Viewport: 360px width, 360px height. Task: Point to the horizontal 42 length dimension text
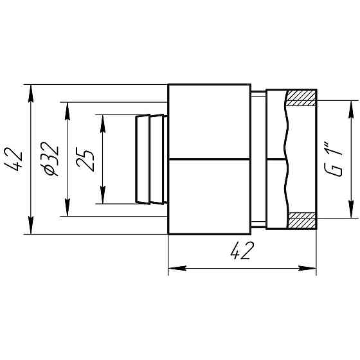(x=241, y=252)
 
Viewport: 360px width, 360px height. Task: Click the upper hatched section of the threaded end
(x=301, y=98)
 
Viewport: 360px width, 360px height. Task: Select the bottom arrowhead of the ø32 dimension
(x=66, y=209)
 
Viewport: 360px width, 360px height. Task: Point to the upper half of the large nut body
(x=209, y=122)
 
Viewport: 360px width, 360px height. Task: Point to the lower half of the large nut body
(x=209, y=196)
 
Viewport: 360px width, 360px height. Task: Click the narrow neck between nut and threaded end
(x=258, y=159)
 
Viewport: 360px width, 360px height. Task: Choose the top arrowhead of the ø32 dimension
(x=66, y=109)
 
